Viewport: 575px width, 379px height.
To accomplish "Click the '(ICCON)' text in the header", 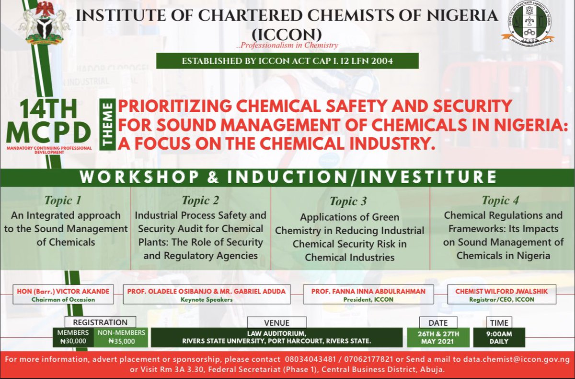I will click(x=287, y=34).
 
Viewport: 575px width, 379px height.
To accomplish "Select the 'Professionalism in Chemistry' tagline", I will click(x=287, y=46).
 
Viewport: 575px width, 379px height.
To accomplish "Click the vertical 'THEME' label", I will click(x=109, y=124).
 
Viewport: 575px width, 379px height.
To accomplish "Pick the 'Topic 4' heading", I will click(x=500, y=200).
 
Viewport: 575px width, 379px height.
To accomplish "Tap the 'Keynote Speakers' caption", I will click(x=207, y=299).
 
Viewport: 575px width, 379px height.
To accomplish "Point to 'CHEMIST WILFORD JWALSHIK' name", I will click(x=498, y=291).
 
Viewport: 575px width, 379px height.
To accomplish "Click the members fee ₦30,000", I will click(x=73, y=342).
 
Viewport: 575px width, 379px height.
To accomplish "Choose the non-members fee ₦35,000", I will click(x=122, y=342).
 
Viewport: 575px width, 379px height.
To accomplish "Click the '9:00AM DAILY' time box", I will click(x=498, y=337).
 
